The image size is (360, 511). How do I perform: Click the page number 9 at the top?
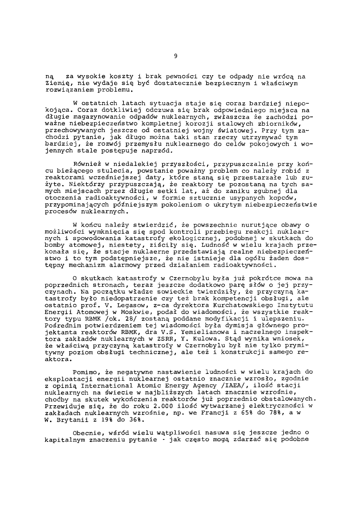pyautogui.click(x=175, y=56)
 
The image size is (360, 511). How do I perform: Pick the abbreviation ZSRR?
pyautogui.click(x=163, y=339)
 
